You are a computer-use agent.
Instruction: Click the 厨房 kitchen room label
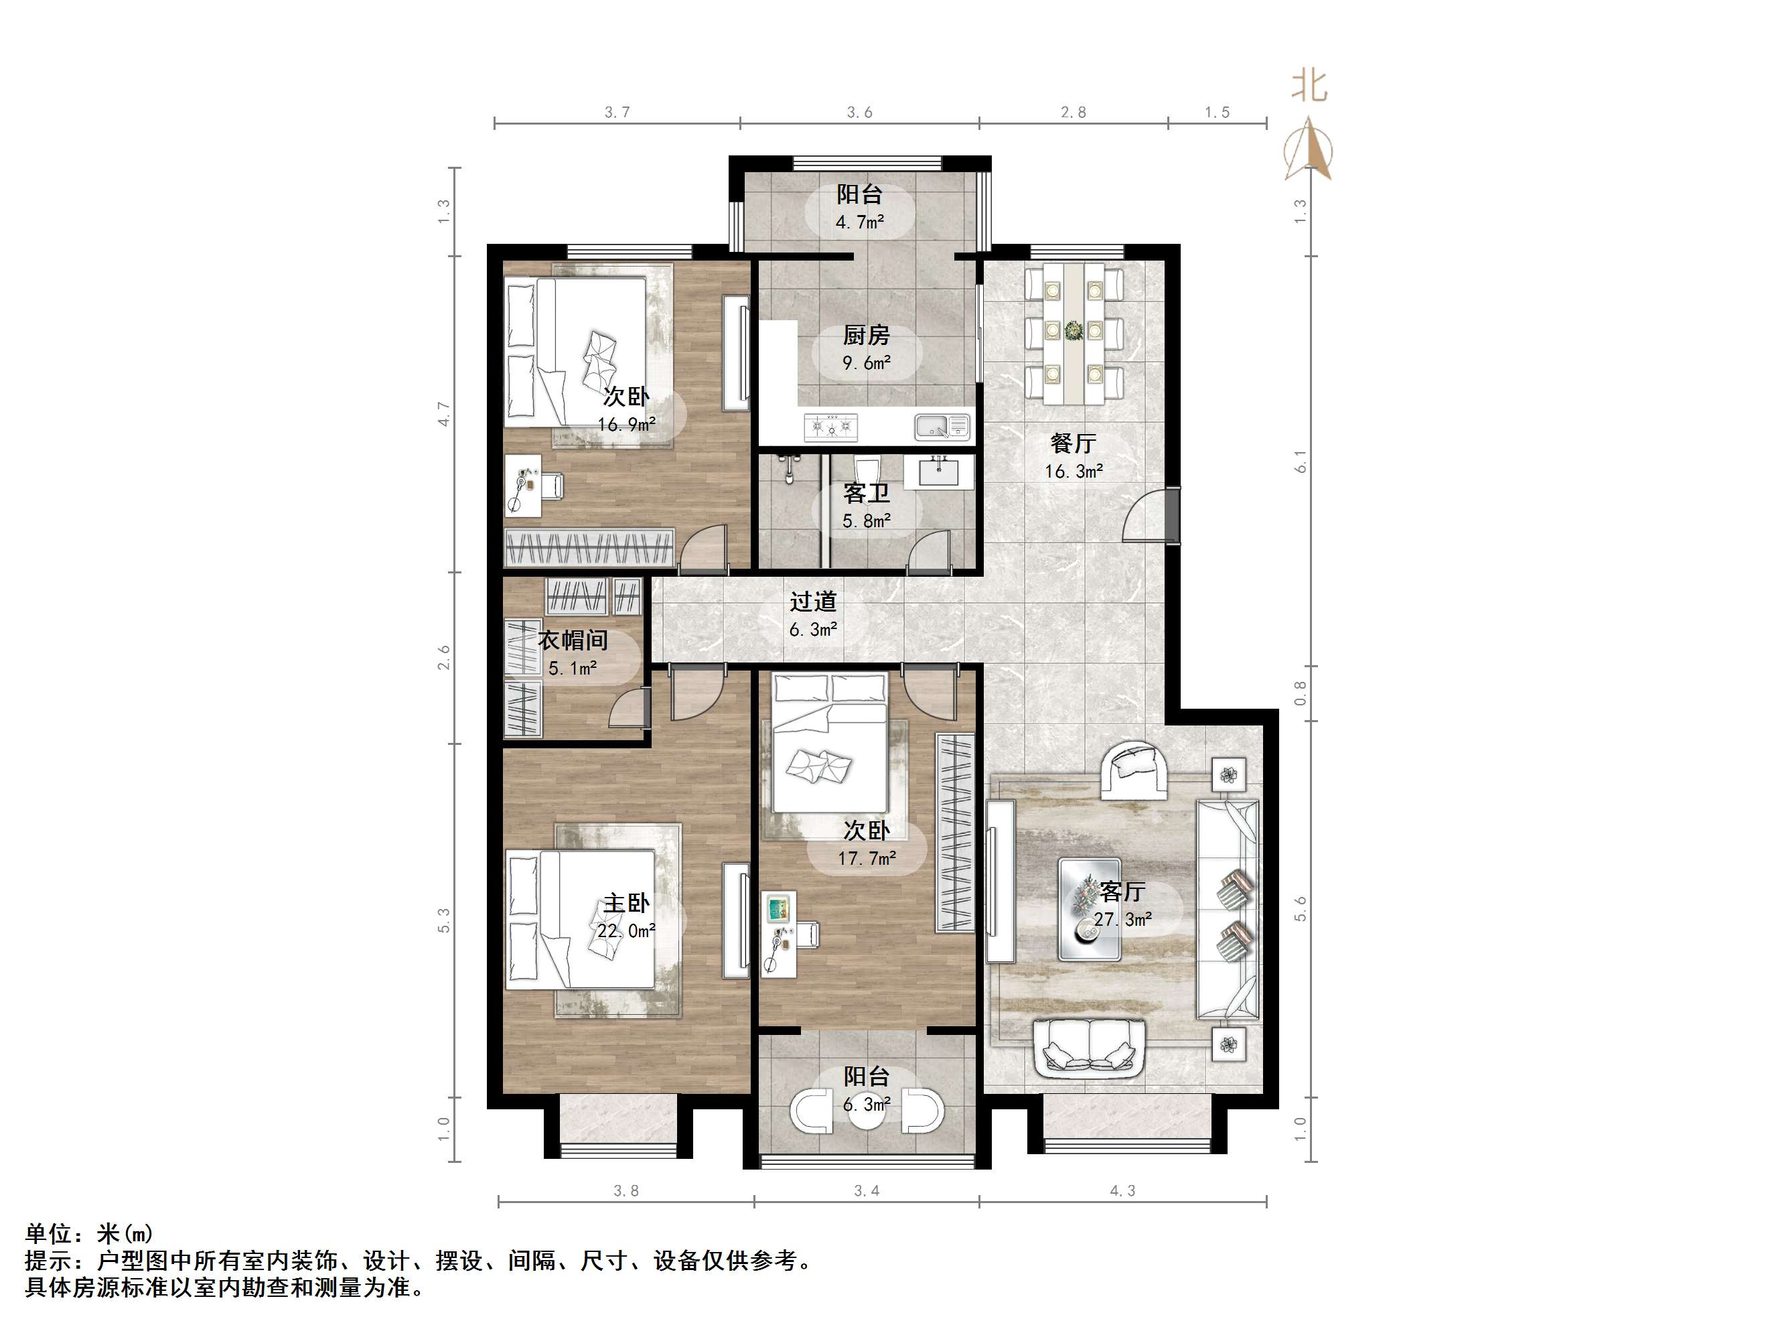pyautogui.click(x=866, y=336)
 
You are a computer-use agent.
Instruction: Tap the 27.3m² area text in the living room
pyautogui.click(x=1122, y=919)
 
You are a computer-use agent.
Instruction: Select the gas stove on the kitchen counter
pyautogui.click(x=831, y=427)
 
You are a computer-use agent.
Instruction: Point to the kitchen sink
pyautogui.click(x=942, y=427)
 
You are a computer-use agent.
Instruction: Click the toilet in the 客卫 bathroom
pyautogui.click(x=865, y=469)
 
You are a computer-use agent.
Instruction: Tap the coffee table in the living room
pyautogui.click(x=1090, y=910)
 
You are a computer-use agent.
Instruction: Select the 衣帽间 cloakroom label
pyautogui.click(x=573, y=640)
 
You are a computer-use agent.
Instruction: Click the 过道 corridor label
pyautogui.click(x=814, y=602)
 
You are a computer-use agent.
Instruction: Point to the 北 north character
pyautogui.click(x=1309, y=86)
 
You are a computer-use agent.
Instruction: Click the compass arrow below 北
pyautogui.click(x=1308, y=149)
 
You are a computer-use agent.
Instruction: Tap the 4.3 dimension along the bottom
pyautogui.click(x=1122, y=1191)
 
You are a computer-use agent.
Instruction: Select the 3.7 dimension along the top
pyautogui.click(x=617, y=113)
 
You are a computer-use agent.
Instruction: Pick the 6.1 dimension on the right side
pyautogui.click(x=1301, y=462)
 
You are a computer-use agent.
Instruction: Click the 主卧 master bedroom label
pyautogui.click(x=626, y=903)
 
